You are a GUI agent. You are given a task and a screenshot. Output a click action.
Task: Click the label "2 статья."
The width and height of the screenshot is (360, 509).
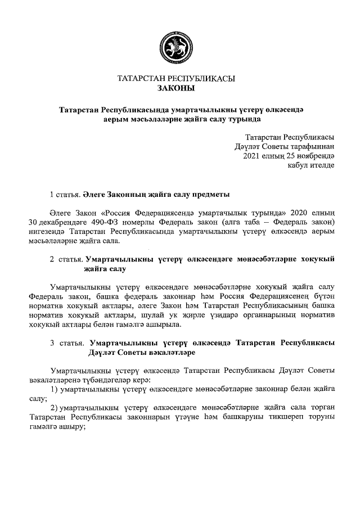pyautogui.click(x=65, y=259)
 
